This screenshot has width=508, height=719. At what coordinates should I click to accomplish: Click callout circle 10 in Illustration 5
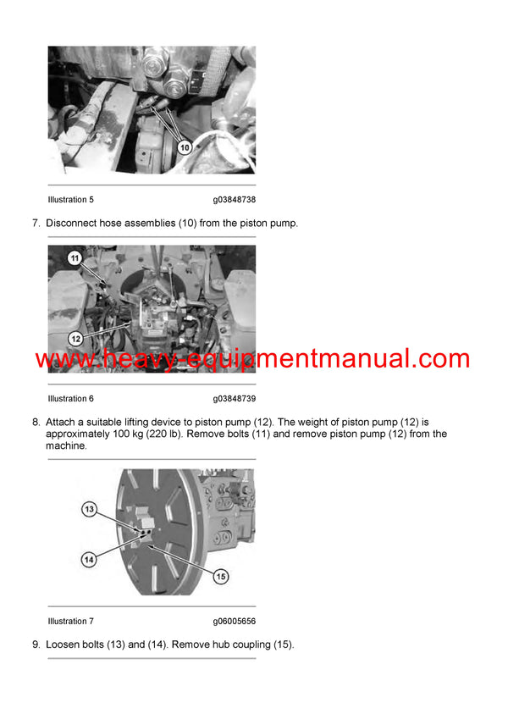pos(185,147)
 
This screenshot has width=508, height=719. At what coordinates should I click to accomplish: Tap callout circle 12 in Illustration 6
pos(75,338)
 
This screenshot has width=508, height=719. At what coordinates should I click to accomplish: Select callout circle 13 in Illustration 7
pos(90,509)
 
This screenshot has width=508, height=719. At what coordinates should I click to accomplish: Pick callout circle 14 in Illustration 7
pos(90,558)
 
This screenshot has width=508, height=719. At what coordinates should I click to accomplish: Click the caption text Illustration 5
pos(71,200)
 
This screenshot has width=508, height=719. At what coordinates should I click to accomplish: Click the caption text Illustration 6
pos(71,398)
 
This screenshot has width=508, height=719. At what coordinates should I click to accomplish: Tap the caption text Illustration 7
pos(71,621)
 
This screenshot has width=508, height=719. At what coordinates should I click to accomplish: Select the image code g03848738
pos(235,200)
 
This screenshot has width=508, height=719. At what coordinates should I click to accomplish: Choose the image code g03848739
pos(235,398)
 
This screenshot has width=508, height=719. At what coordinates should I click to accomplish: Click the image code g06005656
pos(235,621)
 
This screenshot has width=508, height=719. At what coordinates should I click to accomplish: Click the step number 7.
pos(36,223)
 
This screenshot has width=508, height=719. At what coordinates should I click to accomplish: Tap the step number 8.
pos(36,421)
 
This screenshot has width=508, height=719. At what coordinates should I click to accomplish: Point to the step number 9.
pos(36,644)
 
